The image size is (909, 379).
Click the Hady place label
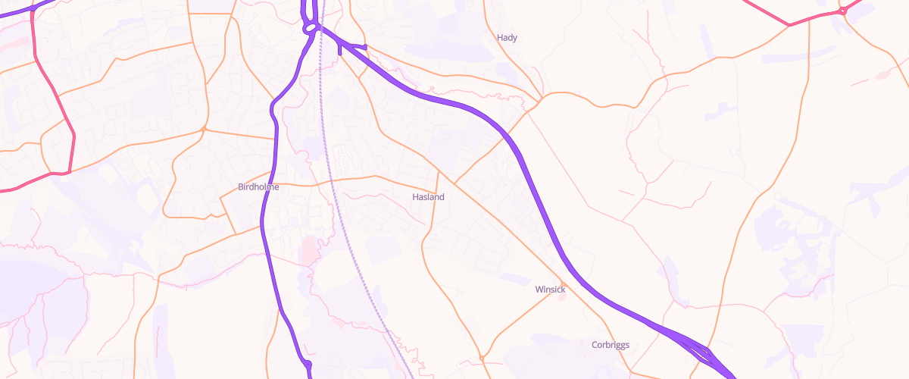click(x=507, y=37)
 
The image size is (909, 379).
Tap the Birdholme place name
click(x=258, y=186)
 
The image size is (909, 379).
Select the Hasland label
click(x=428, y=196)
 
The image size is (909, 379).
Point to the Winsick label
click(x=550, y=289)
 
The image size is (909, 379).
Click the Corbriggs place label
click(x=610, y=345)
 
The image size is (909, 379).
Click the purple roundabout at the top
click(x=309, y=29)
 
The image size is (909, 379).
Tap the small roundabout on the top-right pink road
click(x=842, y=11)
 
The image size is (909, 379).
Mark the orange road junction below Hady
click(x=539, y=99)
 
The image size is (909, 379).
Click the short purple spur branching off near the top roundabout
click(x=353, y=48)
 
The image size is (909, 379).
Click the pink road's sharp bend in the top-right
click(x=789, y=25)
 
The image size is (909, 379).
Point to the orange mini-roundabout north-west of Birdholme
click(x=205, y=129)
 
